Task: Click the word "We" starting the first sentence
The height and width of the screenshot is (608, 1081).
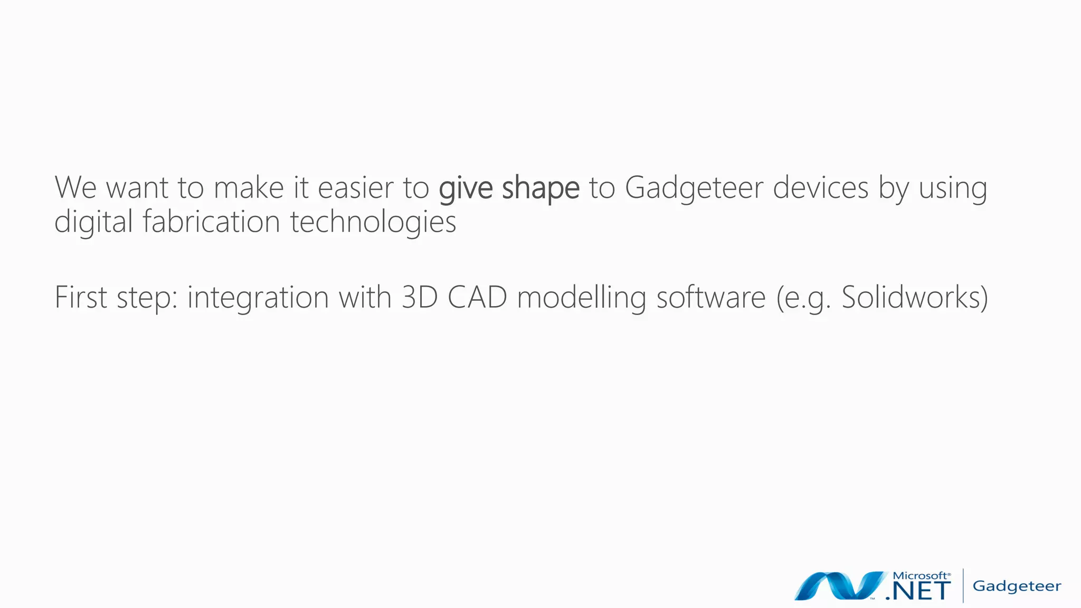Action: pyautogui.click(x=75, y=188)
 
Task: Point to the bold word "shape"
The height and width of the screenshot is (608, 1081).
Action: pyautogui.click(x=540, y=189)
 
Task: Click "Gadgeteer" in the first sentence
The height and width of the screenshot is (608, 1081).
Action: pyautogui.click(x=694, y=189)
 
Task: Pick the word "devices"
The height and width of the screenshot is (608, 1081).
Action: pyautogui.click(x=821, y=188)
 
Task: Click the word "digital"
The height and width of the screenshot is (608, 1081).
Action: pyautogui.click(x=93, y=222)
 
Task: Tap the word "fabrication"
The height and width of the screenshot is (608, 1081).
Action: pyautogui.click(x=211, y=221)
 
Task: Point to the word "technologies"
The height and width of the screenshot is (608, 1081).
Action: pyautogui.click(x=373, y=222)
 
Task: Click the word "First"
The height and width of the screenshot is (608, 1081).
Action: pyautogui.click(x=81, y=297)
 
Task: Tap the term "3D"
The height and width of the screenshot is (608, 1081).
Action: pyautogui.click(x=420, y=297)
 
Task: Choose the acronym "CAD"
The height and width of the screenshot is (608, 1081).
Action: pyautogui.click(x=477, y=297)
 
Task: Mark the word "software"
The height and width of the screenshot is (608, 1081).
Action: pyautogui.click(x=711, y=297)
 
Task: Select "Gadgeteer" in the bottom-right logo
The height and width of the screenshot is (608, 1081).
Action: pyautogui.click(x=1017, y=586)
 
